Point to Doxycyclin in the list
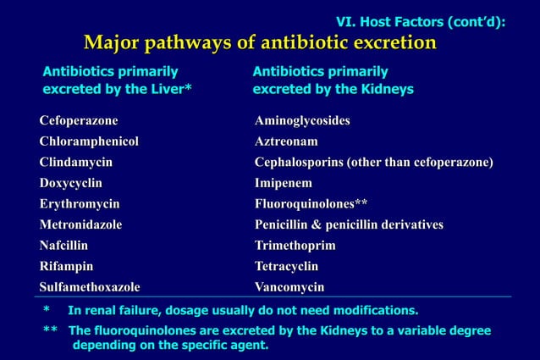tap(70, 182)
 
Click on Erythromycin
tap(79, 203)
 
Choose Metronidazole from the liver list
tap(80, 224)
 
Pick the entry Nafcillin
tap(63, 245)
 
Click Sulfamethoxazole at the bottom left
tap(89, 286)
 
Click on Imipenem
tap(283, 182)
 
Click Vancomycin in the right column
tap(289, 286)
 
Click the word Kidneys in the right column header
tap(388, 89)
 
